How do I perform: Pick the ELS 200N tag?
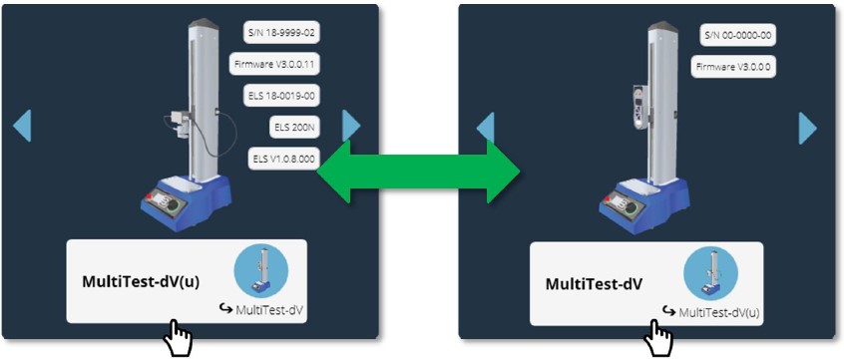pos(293,128)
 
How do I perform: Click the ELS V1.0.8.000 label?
pos(283,160)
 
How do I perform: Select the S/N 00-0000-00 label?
pos(738,35)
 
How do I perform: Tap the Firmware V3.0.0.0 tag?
pos(733,67)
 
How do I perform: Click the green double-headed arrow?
pos(419,171)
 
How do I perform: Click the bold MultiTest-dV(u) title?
pos(141,282)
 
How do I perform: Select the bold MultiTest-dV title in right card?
pos(594,284)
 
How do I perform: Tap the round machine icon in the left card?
pos(260,270)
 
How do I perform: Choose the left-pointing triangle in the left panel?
pos(22,126)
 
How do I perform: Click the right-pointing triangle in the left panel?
pos(351,126)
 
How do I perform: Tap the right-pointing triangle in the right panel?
pos(808,128)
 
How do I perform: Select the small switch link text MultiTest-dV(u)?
pos(716,313)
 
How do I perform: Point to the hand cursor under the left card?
pos(178,339)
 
